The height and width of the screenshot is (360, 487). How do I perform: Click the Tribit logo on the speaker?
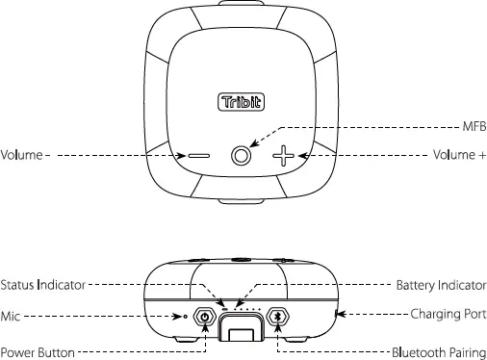click(243, 100)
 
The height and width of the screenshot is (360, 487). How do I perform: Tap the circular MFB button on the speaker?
click(243, 154)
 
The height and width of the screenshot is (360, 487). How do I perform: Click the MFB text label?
click(474, 127)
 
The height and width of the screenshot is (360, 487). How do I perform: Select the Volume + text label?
click(459, 155)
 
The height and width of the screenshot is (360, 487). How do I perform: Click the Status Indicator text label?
click(44, 285)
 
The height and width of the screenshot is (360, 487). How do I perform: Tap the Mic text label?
click(12, 315)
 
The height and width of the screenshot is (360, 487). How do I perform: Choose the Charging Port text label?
click(449, 314)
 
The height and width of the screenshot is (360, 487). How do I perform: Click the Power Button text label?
click(38, 352)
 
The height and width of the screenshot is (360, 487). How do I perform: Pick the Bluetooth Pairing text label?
click(439, 352)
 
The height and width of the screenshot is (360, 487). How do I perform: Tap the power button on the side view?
click(205, 316)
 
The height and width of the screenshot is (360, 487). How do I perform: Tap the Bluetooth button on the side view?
click(279, 316)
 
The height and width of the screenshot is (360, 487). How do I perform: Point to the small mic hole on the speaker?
click(186, 316)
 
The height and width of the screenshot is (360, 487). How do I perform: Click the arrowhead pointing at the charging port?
click(339, 315)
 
